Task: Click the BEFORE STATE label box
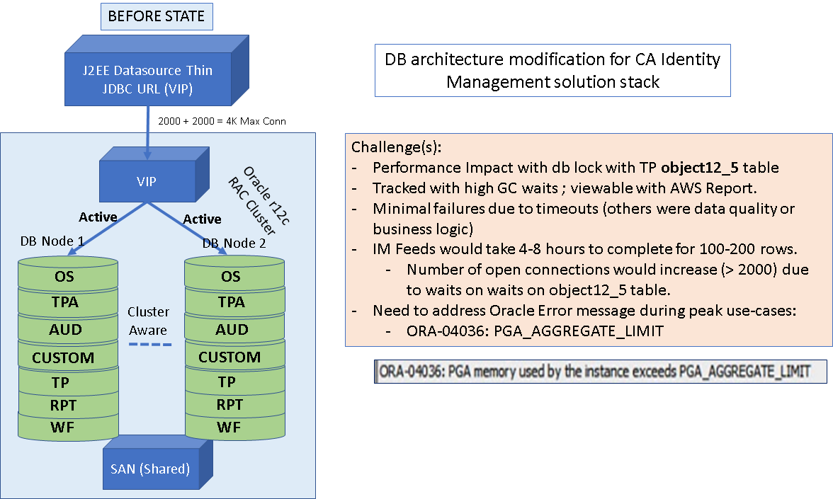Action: pyautogui.click(x=156, y=16)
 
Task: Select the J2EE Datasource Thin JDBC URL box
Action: pyautogui.click(x=149, y=78)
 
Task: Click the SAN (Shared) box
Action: pyautogui.click(x=150, y=468)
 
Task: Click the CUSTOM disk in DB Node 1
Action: pyautogui.click(x=62, y=357)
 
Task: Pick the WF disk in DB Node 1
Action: pyautogui.click(x=62, y=428)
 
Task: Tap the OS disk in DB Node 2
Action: pyautogui.click(x=231, y=276)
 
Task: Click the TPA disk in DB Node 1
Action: pyautogui.click(x=62, y=303)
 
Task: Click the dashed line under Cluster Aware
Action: pyautogui.click(x=150, y=345)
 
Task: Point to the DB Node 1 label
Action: pyautogui.click(x=52, y=241)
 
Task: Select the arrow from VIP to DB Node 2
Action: pyautogui.click(x=188, y=226)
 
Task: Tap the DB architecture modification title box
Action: pyautogui.click(x=552, y=70)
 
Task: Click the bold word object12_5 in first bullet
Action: pyautogui.click(x=700, y=168)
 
